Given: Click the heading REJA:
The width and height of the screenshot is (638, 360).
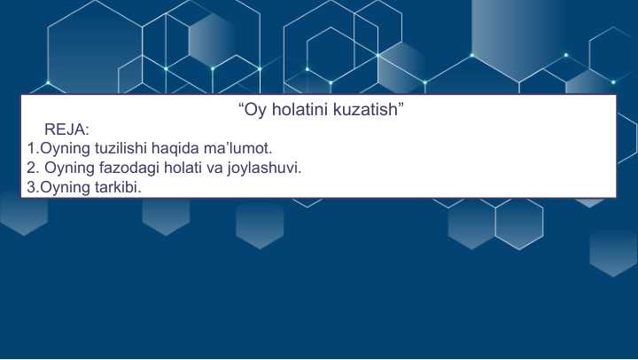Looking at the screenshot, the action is tap(66, 129).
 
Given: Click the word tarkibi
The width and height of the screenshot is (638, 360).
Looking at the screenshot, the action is tap(118, 187).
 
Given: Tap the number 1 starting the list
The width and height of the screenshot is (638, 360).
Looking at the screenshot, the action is tap(31, 148).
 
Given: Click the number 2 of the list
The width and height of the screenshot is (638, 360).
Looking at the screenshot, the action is tap(31, 168).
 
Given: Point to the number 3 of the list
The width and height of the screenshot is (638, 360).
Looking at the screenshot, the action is tap(31, 187).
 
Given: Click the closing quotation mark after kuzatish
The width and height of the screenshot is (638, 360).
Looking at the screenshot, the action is tap(401, 105).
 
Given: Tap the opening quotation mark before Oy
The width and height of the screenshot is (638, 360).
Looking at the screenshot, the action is tap(241, 105).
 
